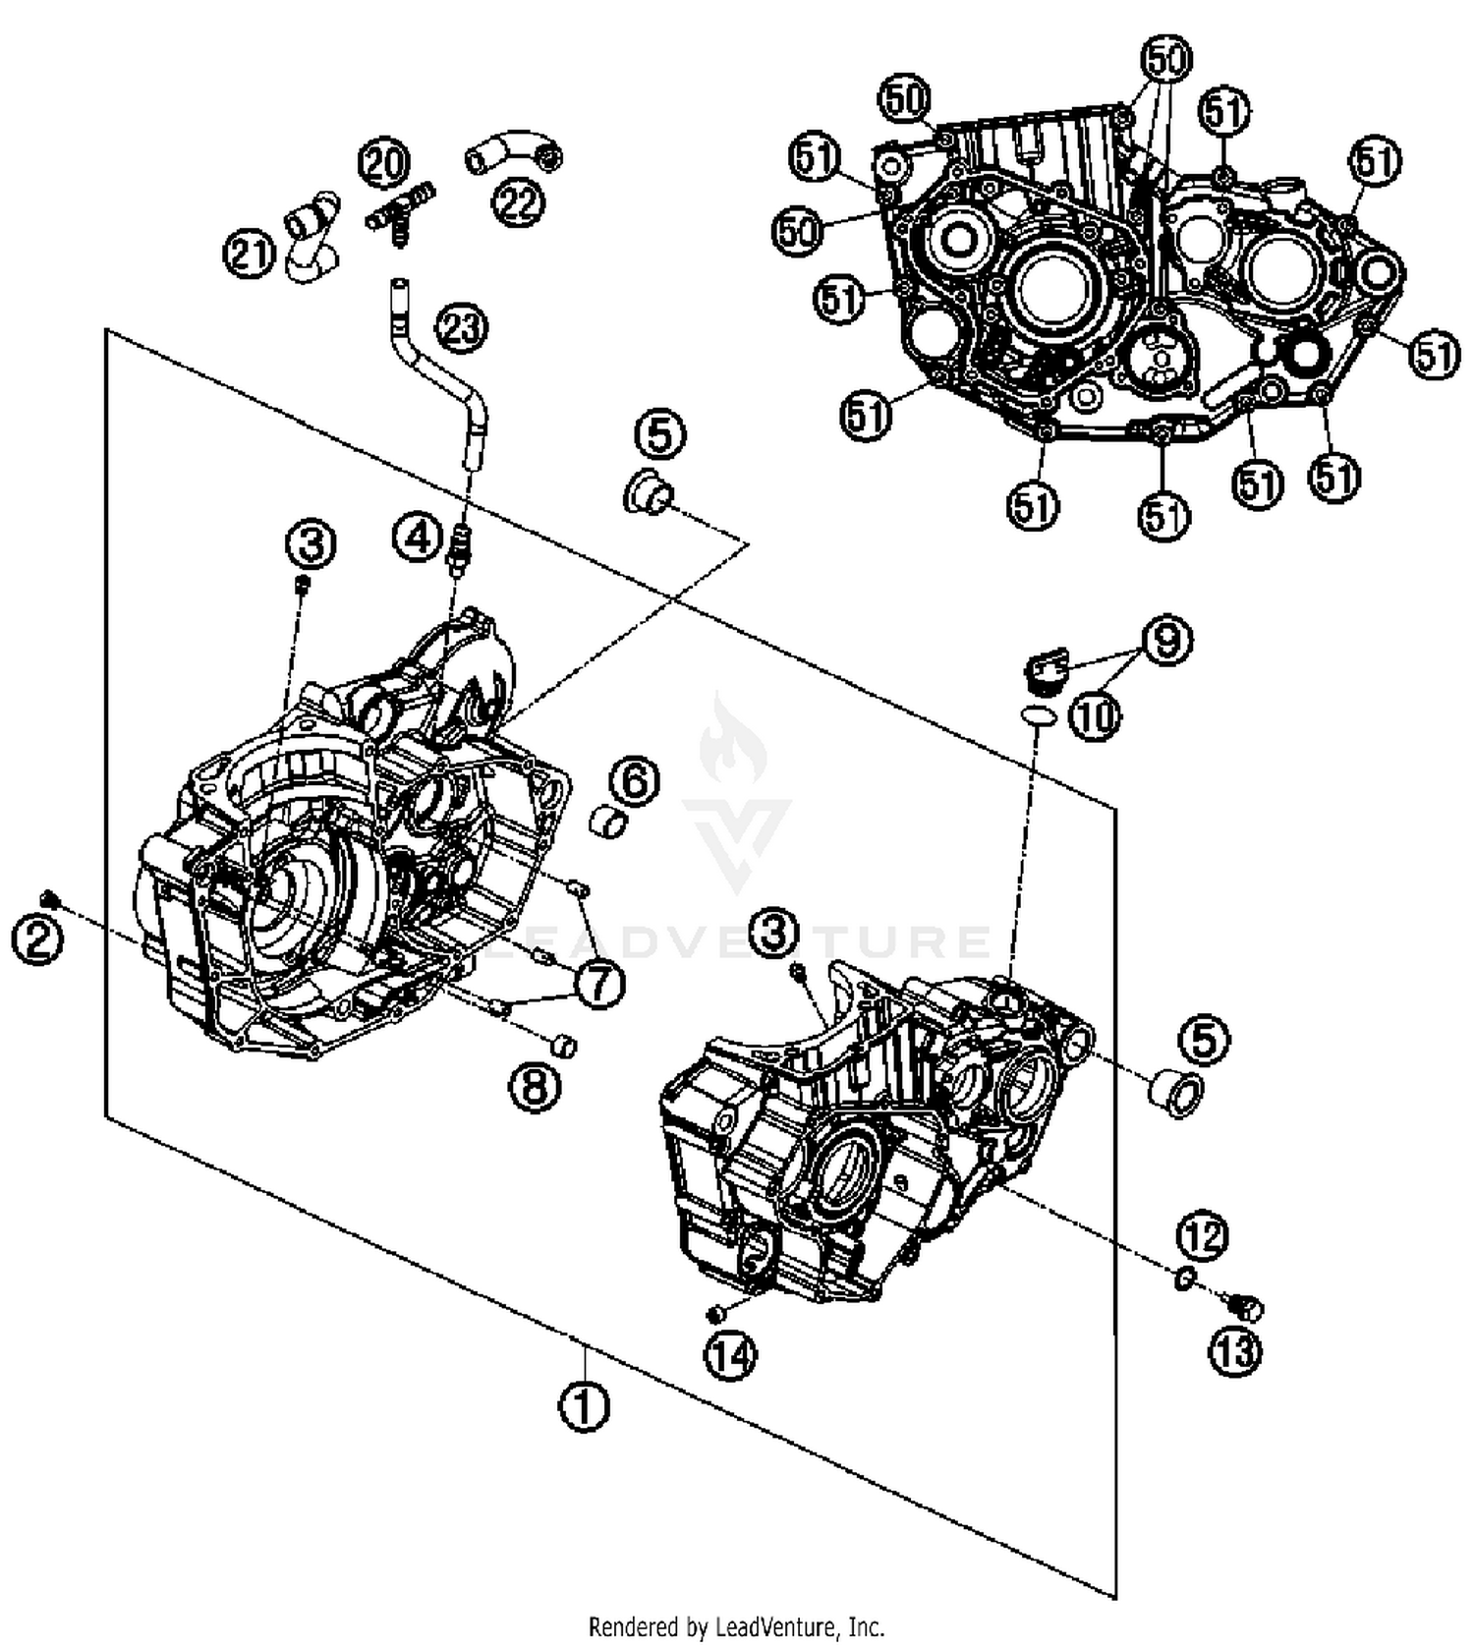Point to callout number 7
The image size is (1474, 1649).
[x=600, y=983]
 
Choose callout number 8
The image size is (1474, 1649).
[x=535, y=1088]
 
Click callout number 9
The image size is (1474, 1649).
[x=1166, y=642]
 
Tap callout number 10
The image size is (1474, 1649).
[x=1095, y=716]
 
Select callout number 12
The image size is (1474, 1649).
[x=1203, y=1236]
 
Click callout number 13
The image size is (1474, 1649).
[x=1235, y=1352]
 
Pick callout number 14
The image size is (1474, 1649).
[x=730, y=1357]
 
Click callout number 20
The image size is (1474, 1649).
[x=384, y=162]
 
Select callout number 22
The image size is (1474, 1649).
[x=517, y=202]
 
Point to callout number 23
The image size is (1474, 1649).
[x=462, y=327]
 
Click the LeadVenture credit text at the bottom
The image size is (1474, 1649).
[x=736, y=1626]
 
